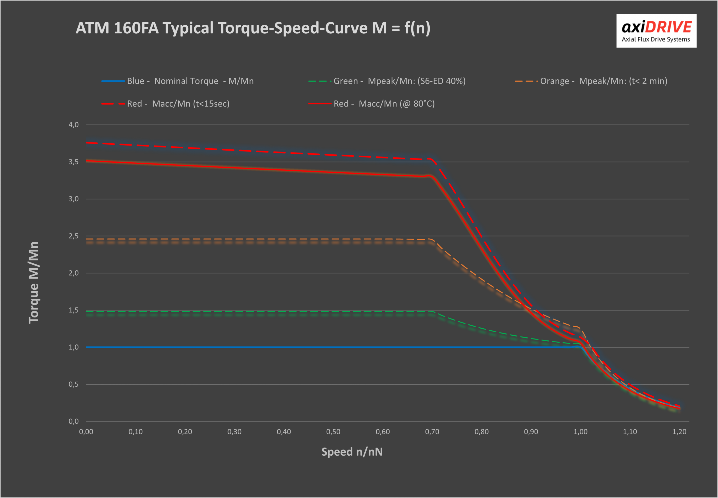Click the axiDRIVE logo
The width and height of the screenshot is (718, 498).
[656, 31]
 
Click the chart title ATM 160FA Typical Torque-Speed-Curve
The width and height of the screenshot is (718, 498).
[253, 28]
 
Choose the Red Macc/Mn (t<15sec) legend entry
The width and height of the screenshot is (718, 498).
[165, 103]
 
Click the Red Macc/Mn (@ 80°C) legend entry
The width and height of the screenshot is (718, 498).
[371, 103]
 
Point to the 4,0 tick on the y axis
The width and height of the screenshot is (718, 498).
[74, 125]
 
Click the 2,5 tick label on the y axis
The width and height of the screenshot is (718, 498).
[74, 236]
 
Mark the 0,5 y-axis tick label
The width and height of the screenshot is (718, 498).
[74, 384]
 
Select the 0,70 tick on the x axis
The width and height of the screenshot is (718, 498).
[432, 432]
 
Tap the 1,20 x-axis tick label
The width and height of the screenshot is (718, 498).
[679, 432]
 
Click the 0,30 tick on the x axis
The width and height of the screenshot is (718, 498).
[234, 432]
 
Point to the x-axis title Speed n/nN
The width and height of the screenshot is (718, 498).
[352, 452]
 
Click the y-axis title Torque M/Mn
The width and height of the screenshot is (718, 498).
[33, 282]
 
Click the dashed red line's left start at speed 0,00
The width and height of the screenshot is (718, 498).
[87, 143]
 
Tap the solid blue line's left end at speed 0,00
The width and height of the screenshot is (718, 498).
[87, 347]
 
